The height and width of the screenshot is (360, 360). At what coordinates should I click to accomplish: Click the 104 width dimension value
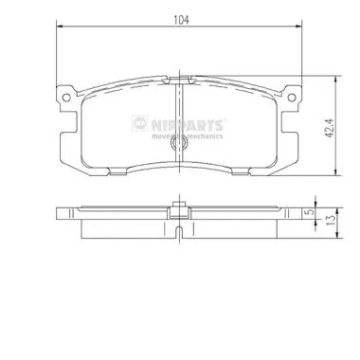(181, 20)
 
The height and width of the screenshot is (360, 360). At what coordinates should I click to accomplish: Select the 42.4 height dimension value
(330, 128)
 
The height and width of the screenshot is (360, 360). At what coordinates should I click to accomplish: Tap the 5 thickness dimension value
(311, 212)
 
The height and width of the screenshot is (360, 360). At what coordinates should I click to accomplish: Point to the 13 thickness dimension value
(331, 219)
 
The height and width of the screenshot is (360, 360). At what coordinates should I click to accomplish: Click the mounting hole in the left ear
(66, 98)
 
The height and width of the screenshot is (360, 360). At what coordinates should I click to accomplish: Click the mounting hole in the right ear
(292, 98)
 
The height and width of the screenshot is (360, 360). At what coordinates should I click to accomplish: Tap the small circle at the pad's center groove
(179, 144)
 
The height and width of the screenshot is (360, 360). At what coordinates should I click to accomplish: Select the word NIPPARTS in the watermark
(188, 124)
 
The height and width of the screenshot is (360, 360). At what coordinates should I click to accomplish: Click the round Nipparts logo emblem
(139, 123)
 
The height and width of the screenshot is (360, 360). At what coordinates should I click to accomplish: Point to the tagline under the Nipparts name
(188, 136)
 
